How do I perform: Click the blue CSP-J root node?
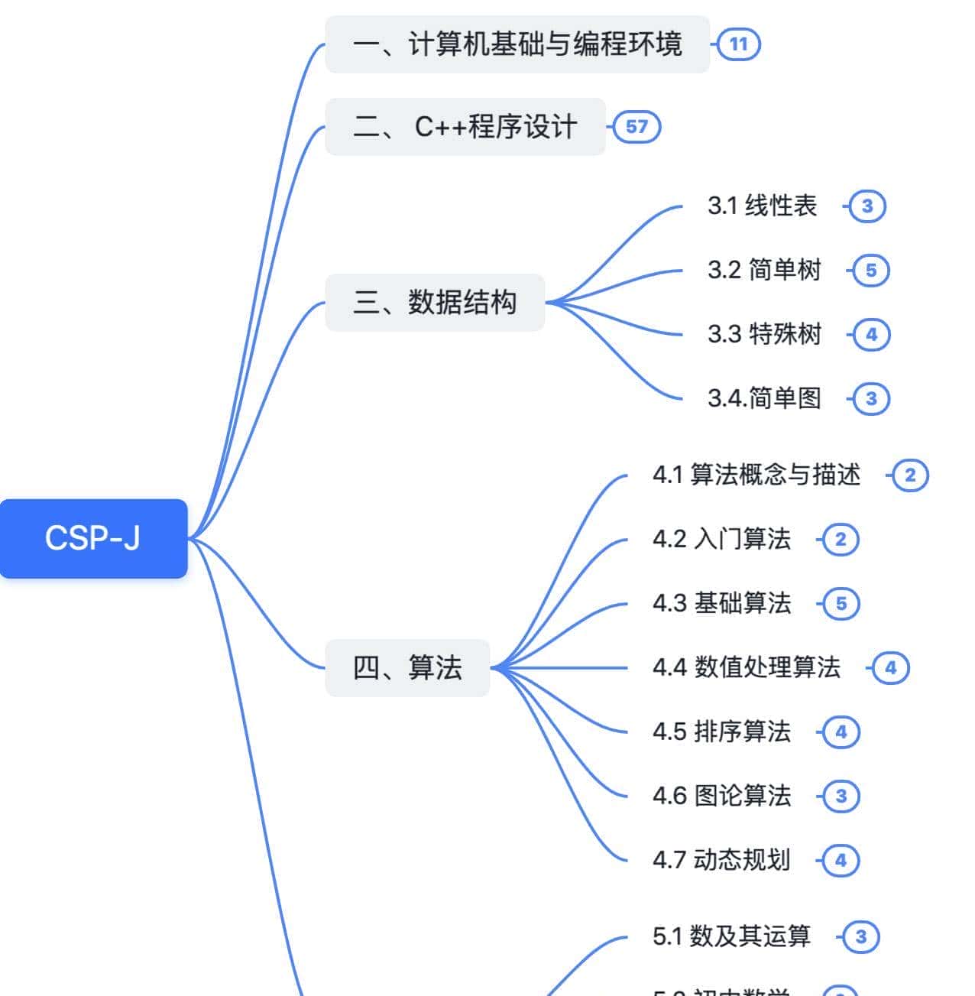pos(93,538)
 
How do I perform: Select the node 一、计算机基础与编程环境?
pos(517,44)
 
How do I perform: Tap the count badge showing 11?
pos(738,44)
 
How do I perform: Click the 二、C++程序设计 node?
pos(465,127)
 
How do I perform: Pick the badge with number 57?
pos(637,127)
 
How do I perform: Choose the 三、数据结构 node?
pos(435,303)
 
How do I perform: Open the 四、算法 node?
pos(407,668)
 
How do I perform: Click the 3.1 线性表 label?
pos(762,206)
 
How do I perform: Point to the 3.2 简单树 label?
pos(764,270)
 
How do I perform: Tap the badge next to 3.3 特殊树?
pos(871,334)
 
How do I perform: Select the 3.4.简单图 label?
pos(764,398)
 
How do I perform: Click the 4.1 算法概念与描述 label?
pos(756,475)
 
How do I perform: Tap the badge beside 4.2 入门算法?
pos(841,540)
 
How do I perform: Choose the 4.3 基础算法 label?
pos(721,603)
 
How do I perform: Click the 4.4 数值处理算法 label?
pos(746,667)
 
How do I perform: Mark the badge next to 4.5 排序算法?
pos(841,732)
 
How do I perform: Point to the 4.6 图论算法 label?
pos(721,796)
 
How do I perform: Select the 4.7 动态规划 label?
pos(721,860)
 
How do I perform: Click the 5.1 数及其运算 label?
pos(731,936)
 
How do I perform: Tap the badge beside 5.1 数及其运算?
pos(860,937)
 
